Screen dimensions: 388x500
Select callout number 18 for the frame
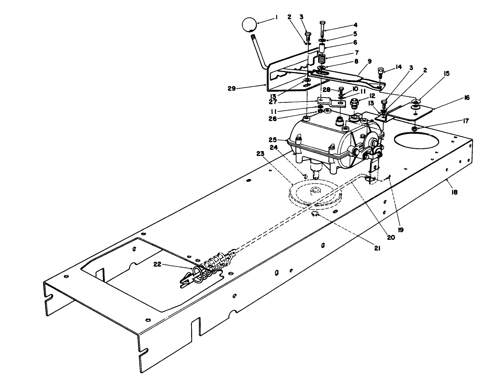[x=454, y=192]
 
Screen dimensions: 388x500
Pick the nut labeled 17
[x=414, y=129]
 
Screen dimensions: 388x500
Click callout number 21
[x=376, y=248]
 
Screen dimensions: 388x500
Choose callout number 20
[x=391, y=237]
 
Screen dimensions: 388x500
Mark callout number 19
[x=401, y=229]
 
